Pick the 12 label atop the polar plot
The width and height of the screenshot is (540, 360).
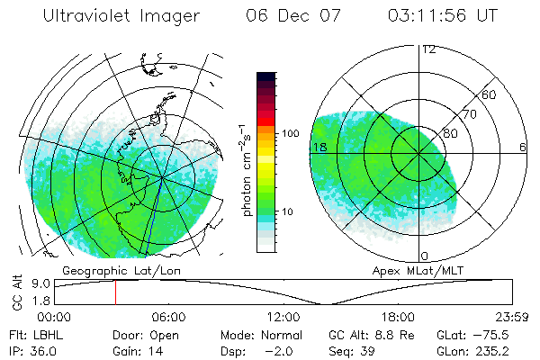[429, 49]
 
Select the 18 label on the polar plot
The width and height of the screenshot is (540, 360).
[318, 147]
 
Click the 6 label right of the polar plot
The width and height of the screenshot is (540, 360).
[522, 147]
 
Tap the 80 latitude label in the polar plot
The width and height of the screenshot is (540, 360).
[450, 133]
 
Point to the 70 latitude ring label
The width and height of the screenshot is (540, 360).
[469, 114]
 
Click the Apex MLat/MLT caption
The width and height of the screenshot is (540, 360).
[411, 270]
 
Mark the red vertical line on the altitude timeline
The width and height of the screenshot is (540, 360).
[115, 292]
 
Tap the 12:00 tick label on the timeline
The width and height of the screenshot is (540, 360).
[283, 317]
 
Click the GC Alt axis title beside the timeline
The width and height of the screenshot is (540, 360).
[16, 293]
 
